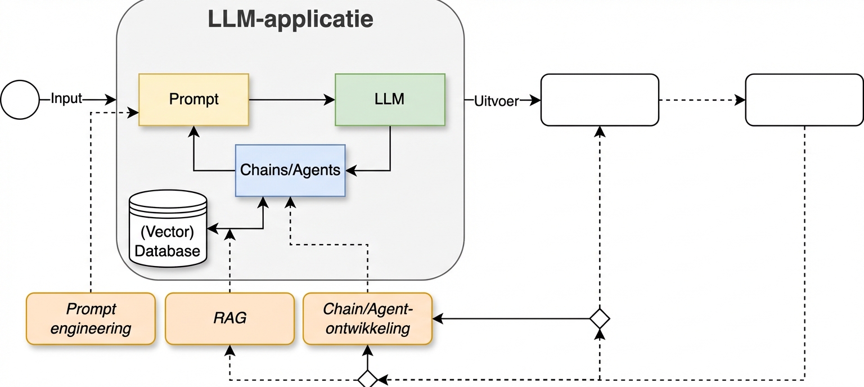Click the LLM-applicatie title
[290, 20]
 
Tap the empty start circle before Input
[20, 100]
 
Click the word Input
[66, 99]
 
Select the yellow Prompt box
[193, 100]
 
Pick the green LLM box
[389, 100]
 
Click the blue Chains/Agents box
[290, 170]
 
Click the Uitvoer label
[496, 101]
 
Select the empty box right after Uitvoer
[599, 100]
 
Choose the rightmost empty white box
[804, 100]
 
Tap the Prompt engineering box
[91, 318]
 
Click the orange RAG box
[229, 318]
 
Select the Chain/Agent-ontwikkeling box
[367, 318]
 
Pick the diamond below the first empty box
[600, 318]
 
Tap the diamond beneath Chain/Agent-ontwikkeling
[367, 379]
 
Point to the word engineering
[91, 328]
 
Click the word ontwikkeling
[367, 328]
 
